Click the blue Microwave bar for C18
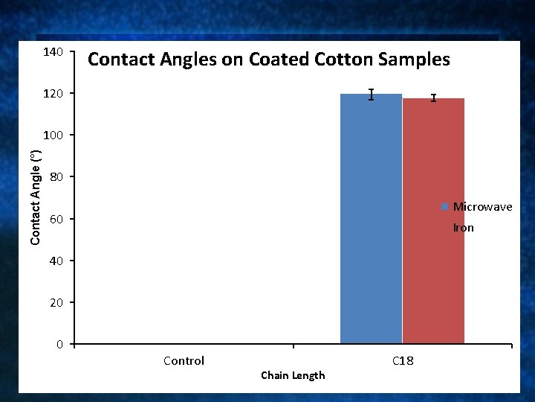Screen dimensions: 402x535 coord(371,220)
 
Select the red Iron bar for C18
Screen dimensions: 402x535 coord(433,222)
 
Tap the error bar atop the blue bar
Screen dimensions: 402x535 coord(371,95)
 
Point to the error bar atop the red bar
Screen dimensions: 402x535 coord(433,98)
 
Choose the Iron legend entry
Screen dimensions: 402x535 coord(463,228)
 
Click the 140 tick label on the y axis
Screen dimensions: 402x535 coord(53,52)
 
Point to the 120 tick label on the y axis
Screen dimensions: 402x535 coord(53,94)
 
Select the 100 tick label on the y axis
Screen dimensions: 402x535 coord(53,135)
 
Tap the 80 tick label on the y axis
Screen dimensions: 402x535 coord(56,177)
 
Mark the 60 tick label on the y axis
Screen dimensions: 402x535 coord(56,220)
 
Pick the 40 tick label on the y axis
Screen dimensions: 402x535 coord(56,261)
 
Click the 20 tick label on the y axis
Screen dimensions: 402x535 coord(56,303)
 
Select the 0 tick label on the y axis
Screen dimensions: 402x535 coord(59,345)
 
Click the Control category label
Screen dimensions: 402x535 coord(184,361)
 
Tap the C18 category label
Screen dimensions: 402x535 coord(403,361)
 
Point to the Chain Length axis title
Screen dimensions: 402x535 coord(293,375)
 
